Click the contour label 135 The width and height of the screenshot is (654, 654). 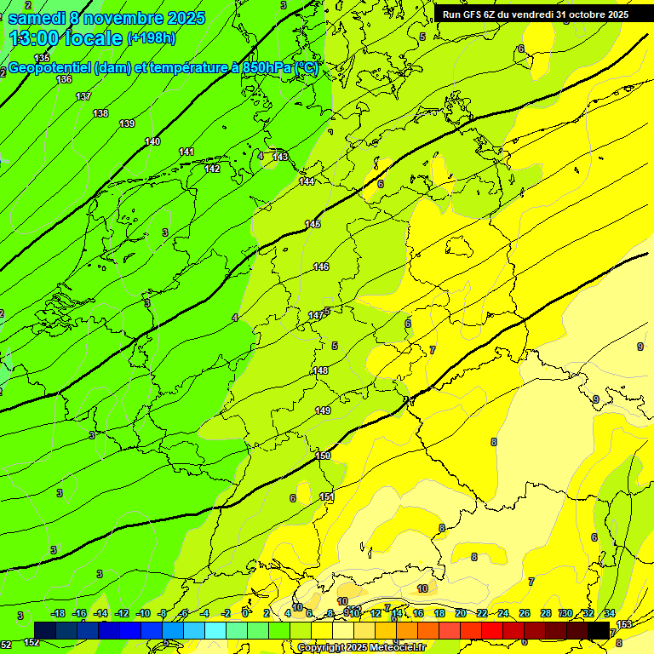pos(42,58)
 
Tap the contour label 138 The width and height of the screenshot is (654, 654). pos(100,113)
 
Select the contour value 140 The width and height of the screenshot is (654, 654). pos(152,141)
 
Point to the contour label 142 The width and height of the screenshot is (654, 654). pos(212,169)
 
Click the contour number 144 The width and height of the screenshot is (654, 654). pos(307,181)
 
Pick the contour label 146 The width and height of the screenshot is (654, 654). pos(320,267)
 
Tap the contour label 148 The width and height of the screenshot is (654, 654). pos(320,370)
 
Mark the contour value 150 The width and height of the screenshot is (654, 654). pos(323,456)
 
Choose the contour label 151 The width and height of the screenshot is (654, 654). pos(326,496)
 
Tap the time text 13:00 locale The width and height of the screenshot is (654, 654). pos(66,38)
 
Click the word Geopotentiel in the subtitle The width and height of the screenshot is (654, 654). pos(49,68)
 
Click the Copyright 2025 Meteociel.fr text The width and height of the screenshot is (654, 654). pos(361,647)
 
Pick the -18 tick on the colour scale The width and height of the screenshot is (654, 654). pos(58,613)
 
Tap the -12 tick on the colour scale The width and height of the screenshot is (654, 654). pos(122,613)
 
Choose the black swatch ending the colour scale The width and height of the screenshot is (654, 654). pos(599,630)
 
